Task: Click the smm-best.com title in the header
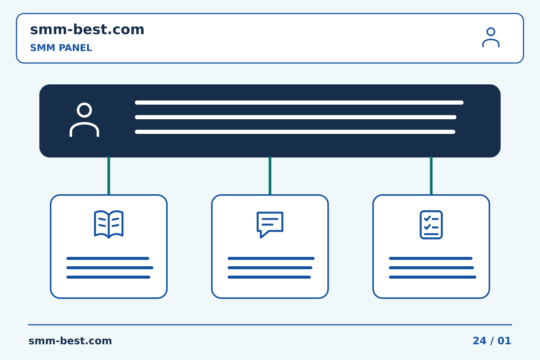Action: [87, 30]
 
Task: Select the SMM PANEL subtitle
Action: [61, 48]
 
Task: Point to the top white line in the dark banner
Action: [299, 102]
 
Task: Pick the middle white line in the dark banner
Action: [295, 117]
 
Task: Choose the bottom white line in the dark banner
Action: [295, 132]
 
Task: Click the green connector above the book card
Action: [109, 175]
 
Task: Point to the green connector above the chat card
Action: [270, 175]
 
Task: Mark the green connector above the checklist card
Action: [431, 175]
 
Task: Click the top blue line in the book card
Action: [108, 258]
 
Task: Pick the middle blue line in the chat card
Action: [270, 268]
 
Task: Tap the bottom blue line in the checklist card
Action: [432, 277]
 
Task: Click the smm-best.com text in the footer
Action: [70, 341]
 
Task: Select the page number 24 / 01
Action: [492, 341]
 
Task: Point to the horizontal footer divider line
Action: [270, 325]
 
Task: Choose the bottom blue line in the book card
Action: [108, 277]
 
